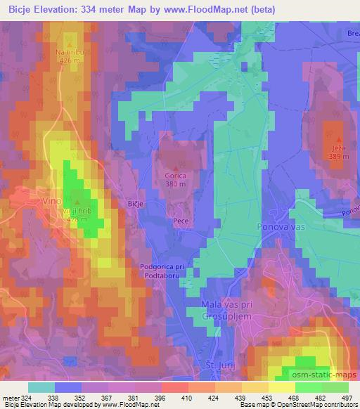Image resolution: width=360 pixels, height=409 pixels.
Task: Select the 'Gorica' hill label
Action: click(x=175, y=176)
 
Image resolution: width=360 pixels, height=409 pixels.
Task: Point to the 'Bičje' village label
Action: click(x=136, y=202)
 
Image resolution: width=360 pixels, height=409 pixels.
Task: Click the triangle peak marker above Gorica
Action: click(x=175, y=167)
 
